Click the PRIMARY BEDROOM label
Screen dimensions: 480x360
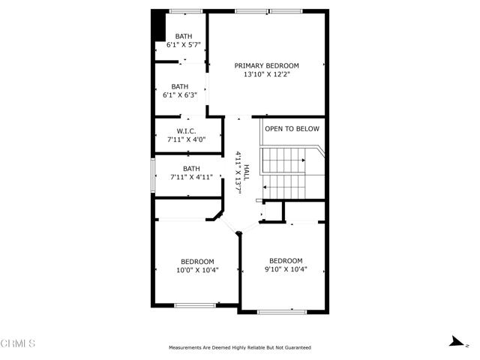point(267,65)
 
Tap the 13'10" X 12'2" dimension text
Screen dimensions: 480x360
point(267,74)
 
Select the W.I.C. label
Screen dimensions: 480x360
point(186,131)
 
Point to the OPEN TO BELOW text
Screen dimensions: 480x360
point(292,129)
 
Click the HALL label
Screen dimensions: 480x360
point(247,172)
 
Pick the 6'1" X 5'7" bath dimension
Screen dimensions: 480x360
point(183,45)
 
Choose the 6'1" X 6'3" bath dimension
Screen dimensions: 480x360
point(180,95)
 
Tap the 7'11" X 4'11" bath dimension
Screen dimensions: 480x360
point(191,177)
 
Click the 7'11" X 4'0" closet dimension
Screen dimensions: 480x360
point(186,139)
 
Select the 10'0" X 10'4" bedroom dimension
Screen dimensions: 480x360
point(197,270)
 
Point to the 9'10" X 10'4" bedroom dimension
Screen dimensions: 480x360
point(286,269)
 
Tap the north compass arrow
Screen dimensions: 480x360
point(457,341)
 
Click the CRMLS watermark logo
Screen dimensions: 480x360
point(18,343)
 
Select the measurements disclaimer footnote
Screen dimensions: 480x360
point(240,347)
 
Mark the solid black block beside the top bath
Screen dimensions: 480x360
point(159,25)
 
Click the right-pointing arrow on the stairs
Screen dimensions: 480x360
point(303,160)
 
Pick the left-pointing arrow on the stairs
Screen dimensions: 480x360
point(265,187)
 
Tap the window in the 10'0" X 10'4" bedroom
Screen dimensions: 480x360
point(195,305)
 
